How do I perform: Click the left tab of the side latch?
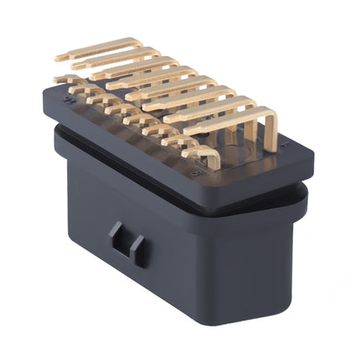click(x=118, y=239)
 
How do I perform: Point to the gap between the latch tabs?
click(x=126, y=244)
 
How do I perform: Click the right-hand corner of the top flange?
click(x=313, y=157)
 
